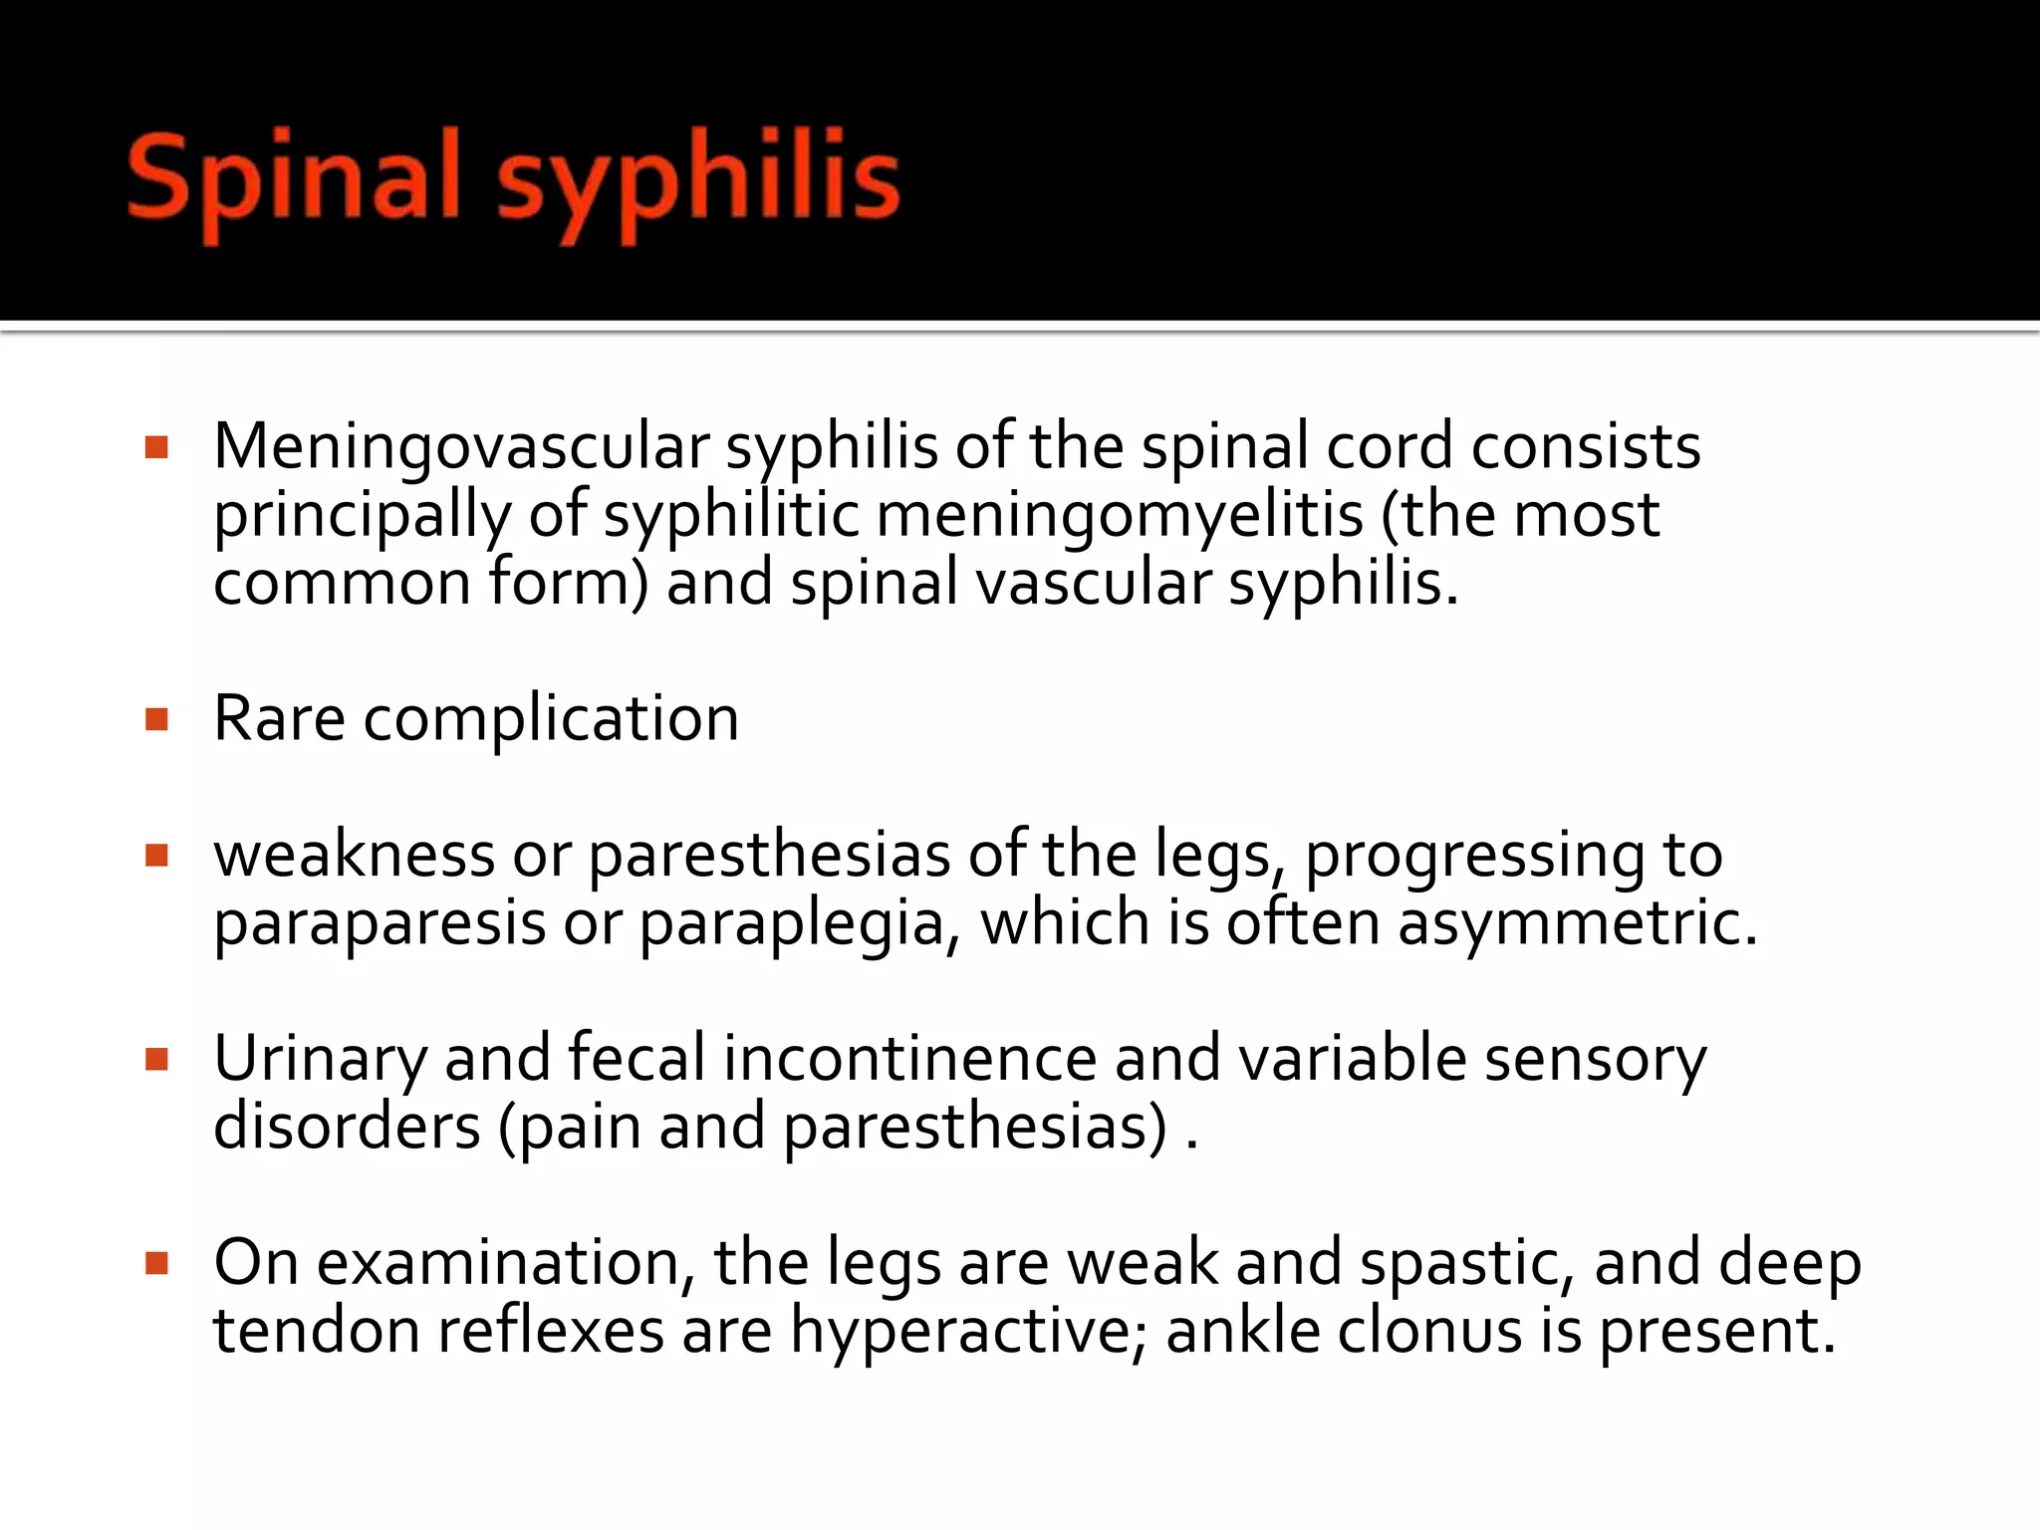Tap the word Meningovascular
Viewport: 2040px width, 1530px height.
pyautogui.click(x=461, y=447)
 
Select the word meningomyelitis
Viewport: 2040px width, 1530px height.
pyautogui.click(x=1120, y=516)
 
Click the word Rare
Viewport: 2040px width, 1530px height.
pyautogui.click(x=279, y=718)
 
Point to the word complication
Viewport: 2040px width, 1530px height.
pyautogui.click(x=551, y=720)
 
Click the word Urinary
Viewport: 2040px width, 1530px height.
pyautogui.click(x=320, y=1059)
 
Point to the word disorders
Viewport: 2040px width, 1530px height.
pyautogui.click(x=347, y=1127)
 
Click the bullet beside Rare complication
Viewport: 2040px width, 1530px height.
pyautogui.click(x=156, y=719)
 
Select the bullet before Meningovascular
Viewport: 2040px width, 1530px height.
pyautogui.click(x=156, y=447)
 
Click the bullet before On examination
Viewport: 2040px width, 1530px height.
pyautogui.click(x=156, y=1263)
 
